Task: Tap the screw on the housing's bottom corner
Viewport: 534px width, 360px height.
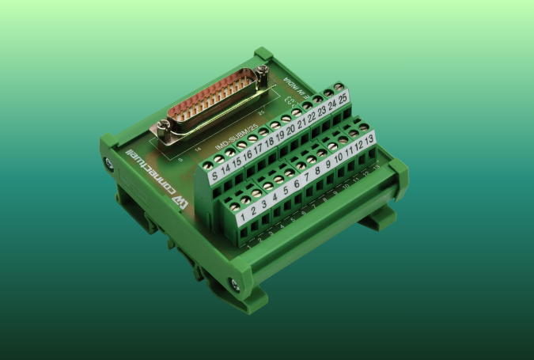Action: (x=233, y=282)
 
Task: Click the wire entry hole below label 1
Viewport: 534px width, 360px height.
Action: (x=250, y=232)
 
